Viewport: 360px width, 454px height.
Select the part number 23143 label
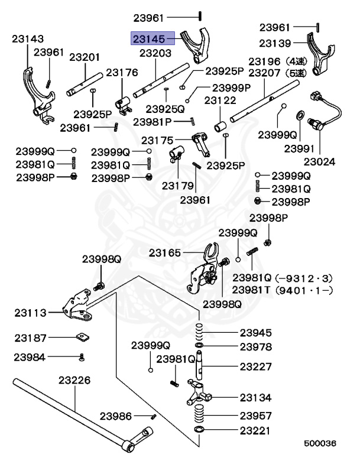click(28, 39)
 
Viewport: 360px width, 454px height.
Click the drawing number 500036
click(320, 442)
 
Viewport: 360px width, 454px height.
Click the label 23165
click(165, 252)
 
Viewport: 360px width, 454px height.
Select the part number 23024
click(319, 161)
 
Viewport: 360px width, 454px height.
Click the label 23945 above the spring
click(256, 333)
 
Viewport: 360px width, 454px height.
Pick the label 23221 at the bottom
click(256, 428)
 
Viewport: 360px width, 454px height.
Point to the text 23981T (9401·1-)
click(283, 290)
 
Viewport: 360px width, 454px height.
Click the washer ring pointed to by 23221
click(200, 428)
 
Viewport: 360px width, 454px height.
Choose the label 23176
click(122, 73)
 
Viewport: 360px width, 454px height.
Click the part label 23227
click(256, 367)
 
